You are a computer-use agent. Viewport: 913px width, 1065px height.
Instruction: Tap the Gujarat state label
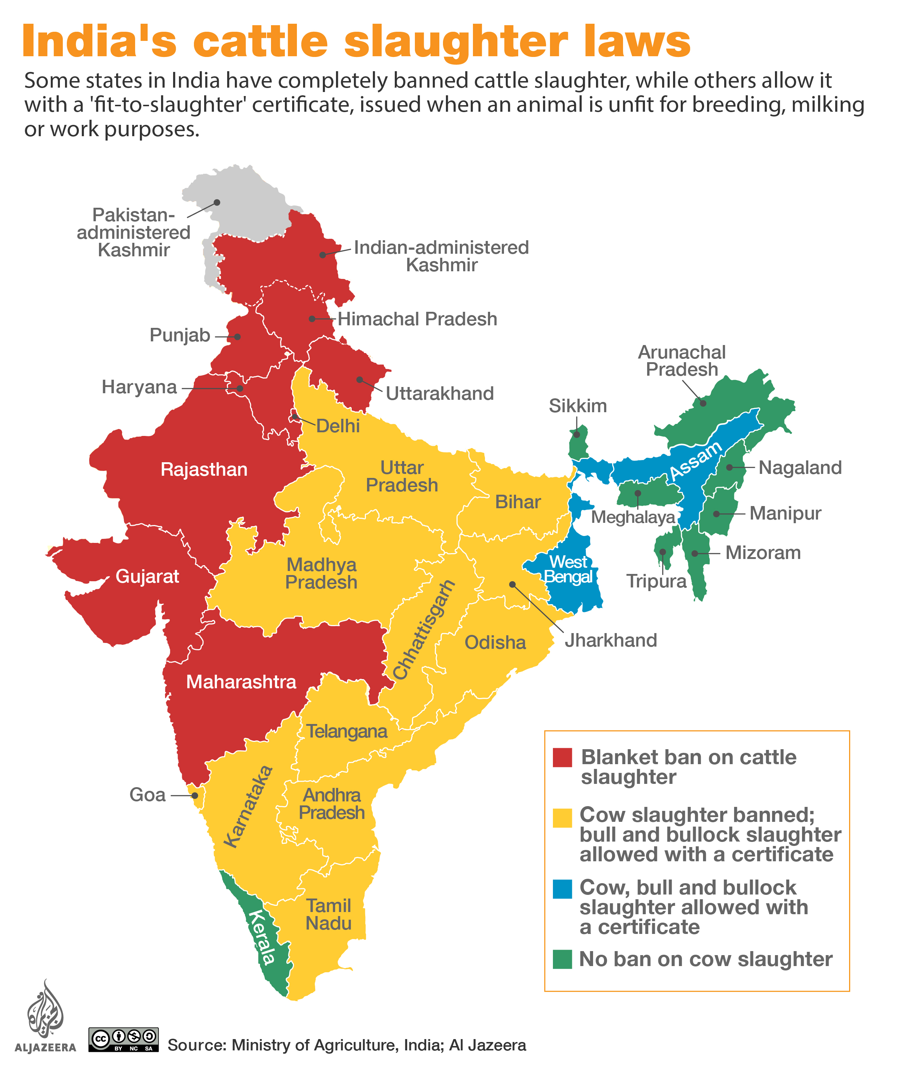[x=147, y=576]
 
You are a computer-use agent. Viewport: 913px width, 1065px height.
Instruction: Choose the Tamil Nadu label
[x=328, y=915]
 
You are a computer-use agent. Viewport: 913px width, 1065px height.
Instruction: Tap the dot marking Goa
[x=195, y=795]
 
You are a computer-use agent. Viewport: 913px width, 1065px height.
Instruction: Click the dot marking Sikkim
[x=577, y=434]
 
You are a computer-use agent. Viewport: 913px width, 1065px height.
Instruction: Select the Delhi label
[x=338, y=426]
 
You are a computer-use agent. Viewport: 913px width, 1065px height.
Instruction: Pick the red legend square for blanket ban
[x=562, y=758]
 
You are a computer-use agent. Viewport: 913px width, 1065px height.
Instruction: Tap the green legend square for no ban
[x=562, y=959]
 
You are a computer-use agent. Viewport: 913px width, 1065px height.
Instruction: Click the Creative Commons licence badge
[x=123, y=1039]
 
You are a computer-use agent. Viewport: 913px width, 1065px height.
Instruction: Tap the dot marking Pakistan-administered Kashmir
[x=217, y=203]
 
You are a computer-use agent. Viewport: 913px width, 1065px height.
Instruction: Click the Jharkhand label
[x=611, y=640]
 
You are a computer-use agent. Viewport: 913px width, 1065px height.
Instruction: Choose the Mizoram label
[x=763, y=553]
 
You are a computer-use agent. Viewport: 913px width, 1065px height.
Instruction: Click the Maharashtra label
[x=241, y=682]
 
